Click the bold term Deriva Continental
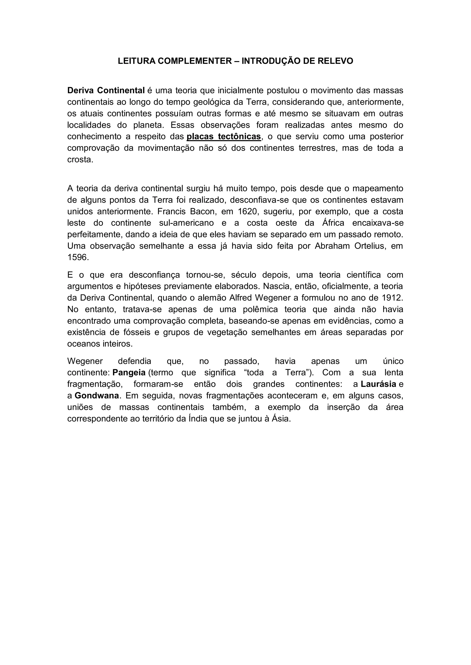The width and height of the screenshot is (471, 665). click(106, 90)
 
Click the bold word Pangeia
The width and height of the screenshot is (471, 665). click(129, 373)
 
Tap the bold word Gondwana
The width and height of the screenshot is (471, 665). click(97, 396)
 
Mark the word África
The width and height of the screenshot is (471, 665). click(333, 223)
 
